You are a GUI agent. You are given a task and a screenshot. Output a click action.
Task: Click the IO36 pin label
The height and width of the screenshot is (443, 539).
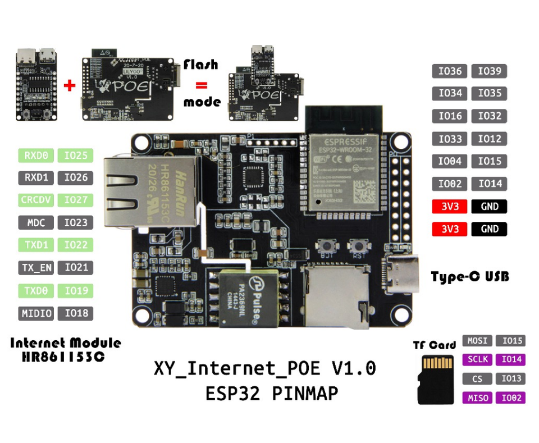(450, 71)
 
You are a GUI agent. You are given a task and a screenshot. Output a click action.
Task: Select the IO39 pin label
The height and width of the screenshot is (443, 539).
(489, 71)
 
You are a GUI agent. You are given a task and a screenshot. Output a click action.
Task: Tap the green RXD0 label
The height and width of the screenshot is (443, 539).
(36, 155)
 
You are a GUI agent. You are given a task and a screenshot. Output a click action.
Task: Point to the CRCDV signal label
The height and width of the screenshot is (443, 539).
(36, 200)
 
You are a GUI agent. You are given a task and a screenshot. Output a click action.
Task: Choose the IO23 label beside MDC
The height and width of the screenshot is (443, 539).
(76, 222)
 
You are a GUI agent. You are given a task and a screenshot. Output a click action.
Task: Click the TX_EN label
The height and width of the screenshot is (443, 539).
(36, 268)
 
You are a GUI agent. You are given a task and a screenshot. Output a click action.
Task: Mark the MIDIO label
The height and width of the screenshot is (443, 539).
(36, 313)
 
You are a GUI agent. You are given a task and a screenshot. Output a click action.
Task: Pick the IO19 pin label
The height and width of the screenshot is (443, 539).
(76, 290)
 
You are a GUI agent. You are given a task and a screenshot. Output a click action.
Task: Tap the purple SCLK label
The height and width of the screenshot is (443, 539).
(477, 359)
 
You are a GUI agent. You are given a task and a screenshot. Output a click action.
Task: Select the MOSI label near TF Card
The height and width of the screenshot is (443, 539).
(477, 341)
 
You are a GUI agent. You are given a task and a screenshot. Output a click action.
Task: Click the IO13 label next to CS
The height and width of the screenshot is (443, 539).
(511, 378)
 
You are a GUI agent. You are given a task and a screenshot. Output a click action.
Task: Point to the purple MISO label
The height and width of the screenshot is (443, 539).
(477, 398)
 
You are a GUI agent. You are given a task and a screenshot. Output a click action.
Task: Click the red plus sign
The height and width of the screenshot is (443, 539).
(70, 86)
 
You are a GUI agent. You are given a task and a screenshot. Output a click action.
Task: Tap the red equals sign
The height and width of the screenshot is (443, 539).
(200, 85)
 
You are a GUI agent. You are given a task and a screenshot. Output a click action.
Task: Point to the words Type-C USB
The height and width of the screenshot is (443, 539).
(470, 277)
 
